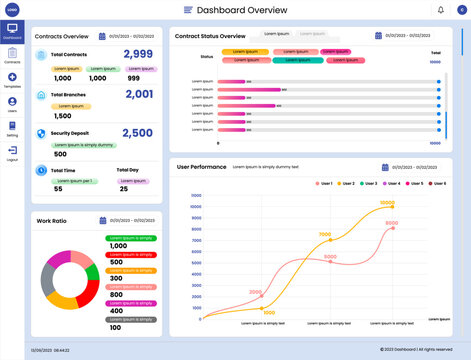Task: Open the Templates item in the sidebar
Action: click(x=12, y=78)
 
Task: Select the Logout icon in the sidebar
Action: click(x=12, y=151)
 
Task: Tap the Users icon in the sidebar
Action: click(x=12, y=103)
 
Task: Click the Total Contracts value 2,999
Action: click(x=138, y=54)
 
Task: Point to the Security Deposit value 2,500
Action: click(x=137, y=132)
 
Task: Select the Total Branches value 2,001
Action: click(x=139, y=94)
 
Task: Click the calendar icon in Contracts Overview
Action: click(x=102, y=35)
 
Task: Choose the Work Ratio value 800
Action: click(x=117, y=295)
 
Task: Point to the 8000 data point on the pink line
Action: click(x=393, y=227)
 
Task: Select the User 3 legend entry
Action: click(x=367, y=184)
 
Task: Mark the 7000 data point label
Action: click(x=324, y=236)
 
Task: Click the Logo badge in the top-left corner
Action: click(x=12, y=9)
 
